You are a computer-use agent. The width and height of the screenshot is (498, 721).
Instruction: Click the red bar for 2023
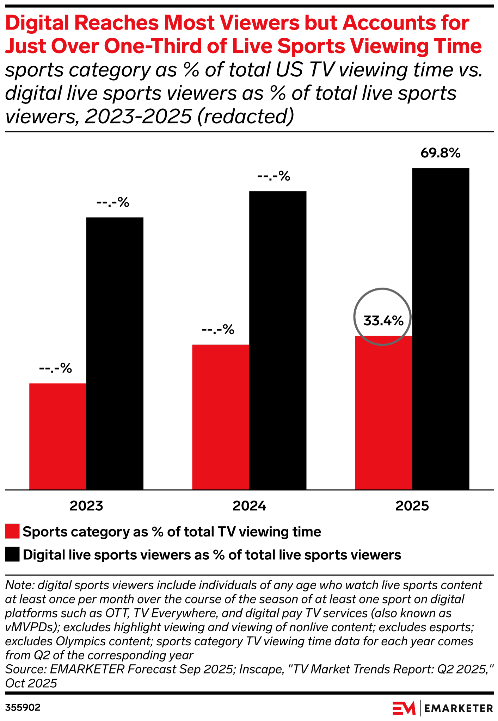[58, 436]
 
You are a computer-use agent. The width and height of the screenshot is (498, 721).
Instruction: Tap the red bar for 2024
[221, 417]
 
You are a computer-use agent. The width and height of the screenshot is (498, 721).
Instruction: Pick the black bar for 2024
[278, 340]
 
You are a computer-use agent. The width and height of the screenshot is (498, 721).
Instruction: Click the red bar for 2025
[383, 413]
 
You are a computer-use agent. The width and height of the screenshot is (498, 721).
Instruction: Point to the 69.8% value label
[441, 153]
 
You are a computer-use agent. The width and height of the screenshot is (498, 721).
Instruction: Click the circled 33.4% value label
[383, 321]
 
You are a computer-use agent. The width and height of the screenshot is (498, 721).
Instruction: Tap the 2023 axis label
[86, 506]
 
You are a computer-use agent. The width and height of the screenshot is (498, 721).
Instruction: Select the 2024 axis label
[249, 506]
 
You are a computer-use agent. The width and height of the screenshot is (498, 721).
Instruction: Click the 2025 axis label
[412, 506]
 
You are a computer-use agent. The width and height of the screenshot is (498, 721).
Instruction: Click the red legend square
[12, 532]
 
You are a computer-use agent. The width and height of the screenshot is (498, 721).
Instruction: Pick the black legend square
[12, 555]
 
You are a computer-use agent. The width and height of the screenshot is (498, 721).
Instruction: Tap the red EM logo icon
[404, 708]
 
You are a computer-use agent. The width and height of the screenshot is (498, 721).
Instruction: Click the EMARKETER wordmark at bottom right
[459, 708]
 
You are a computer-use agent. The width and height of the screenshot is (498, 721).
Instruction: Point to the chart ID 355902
[23, 708]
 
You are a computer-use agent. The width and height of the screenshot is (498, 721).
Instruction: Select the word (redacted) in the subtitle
[245, 117]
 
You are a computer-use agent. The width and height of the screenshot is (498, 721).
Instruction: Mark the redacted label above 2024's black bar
[274, 176]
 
